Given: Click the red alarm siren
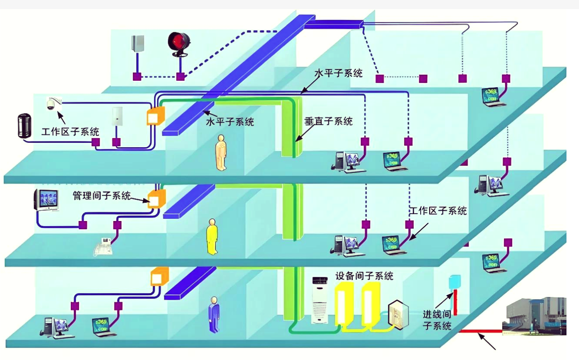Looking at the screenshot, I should [179, 44].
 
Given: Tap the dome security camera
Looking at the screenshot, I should [52, 104].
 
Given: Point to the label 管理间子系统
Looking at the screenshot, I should [101, 196].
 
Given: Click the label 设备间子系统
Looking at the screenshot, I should [364, 276].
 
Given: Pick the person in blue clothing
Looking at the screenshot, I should [214, 314].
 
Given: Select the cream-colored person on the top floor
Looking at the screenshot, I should [221, 152].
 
